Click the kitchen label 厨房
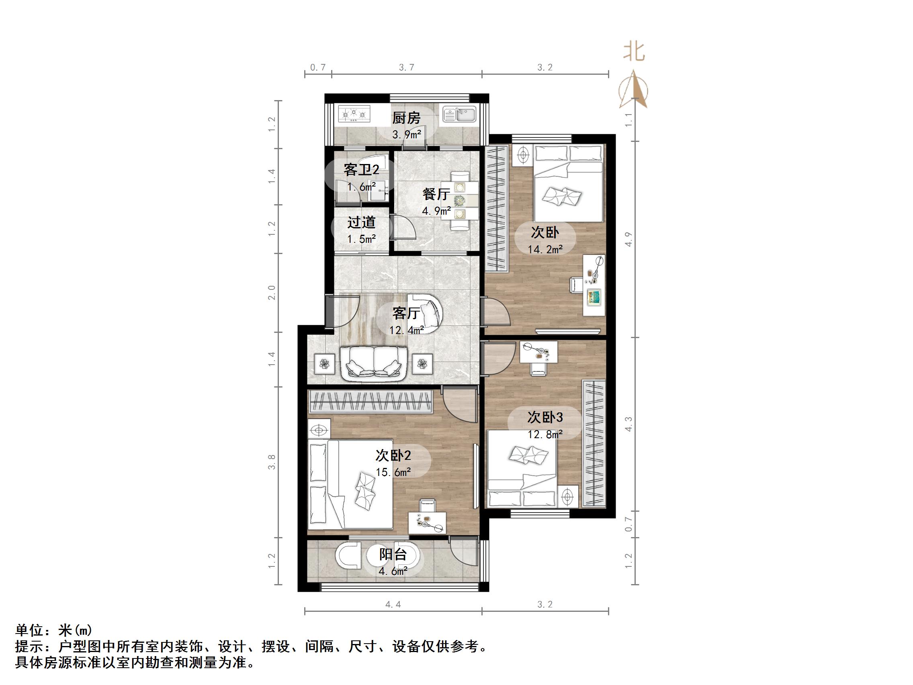click(x=406, y=118)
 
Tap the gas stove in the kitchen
click(x=354, y=113)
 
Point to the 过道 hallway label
click(x=361, y=223)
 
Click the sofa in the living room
click(x=374, y=363)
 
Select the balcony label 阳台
click(x=393, y=554)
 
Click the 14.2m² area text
click(x=545, y=249)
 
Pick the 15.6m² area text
click(x=393, y=472)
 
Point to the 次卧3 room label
click(x=545, y=417)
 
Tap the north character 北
click(x=634, y=52)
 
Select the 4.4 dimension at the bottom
click(x=393, y=605)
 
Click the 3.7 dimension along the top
click(x=406, y=67)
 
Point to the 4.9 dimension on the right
click(x=628, y=239)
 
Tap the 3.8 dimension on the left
click(x=271, y=462)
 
